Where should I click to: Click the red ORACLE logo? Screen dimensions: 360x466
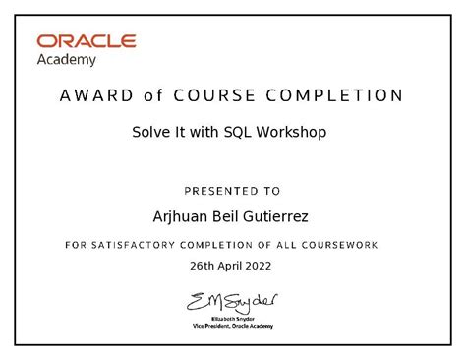(x=87, y=42)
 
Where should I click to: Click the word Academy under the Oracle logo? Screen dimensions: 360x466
(x=67, y=59)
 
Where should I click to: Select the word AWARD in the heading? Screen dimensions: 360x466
(x=90, y=96)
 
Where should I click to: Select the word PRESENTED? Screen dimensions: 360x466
(x=218, y=191)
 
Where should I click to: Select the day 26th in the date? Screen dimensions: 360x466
(x=202, y=266)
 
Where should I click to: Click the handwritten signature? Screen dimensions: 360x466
(x=232, y=299)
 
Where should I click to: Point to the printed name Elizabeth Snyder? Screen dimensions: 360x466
(x=233, y=319)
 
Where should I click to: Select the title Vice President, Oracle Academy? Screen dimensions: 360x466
(x=233, y=326)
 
